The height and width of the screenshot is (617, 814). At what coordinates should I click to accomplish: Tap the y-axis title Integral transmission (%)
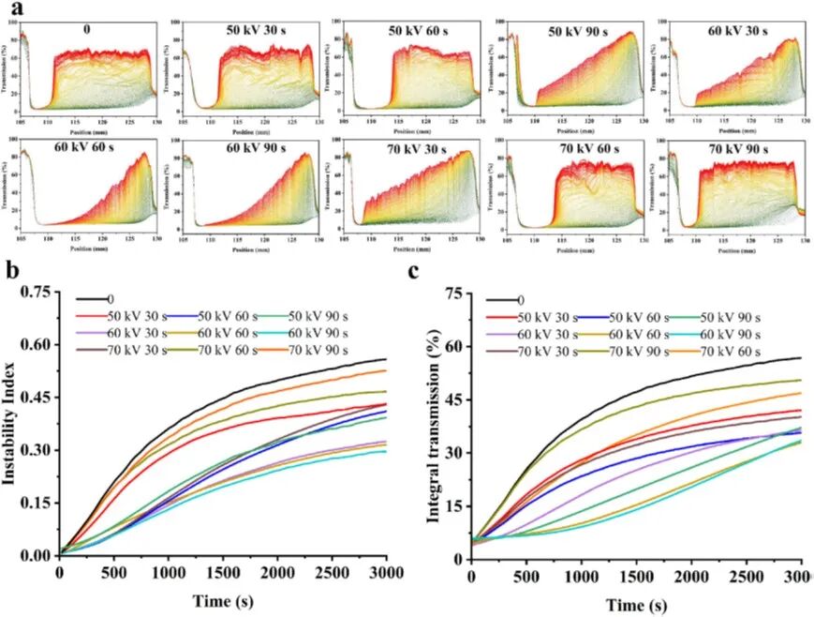[434, 425]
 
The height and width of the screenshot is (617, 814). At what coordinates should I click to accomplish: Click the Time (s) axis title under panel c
[635, 603]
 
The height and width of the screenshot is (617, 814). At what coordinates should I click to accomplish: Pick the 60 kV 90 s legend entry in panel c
[727, 334]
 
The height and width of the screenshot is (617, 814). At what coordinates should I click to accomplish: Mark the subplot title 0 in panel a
[86, 29]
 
